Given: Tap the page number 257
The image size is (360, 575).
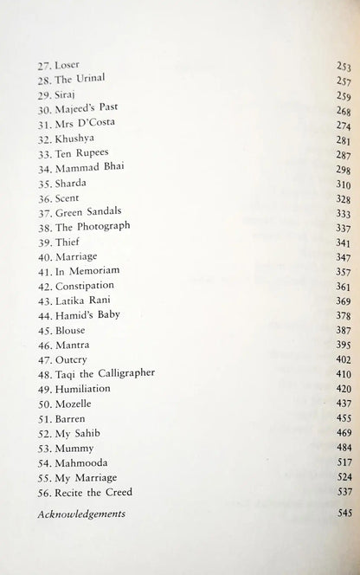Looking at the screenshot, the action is coord(344,79).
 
